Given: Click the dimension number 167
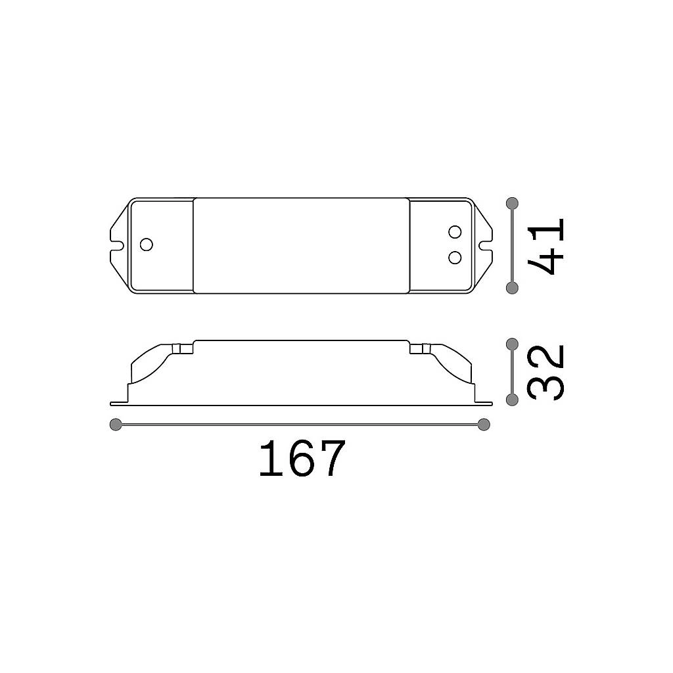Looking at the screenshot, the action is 302,458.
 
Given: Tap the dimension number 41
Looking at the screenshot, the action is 545,246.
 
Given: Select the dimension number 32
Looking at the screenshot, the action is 545,373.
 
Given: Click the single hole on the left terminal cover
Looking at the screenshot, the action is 147,244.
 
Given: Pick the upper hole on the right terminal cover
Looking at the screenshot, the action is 455,232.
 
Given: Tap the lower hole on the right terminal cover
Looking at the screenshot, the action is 455,258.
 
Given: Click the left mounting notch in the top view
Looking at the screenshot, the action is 117,246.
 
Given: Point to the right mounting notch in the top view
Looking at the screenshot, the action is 486,246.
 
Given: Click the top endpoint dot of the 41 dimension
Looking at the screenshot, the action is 512,203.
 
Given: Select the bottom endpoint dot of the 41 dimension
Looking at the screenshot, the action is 512,288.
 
